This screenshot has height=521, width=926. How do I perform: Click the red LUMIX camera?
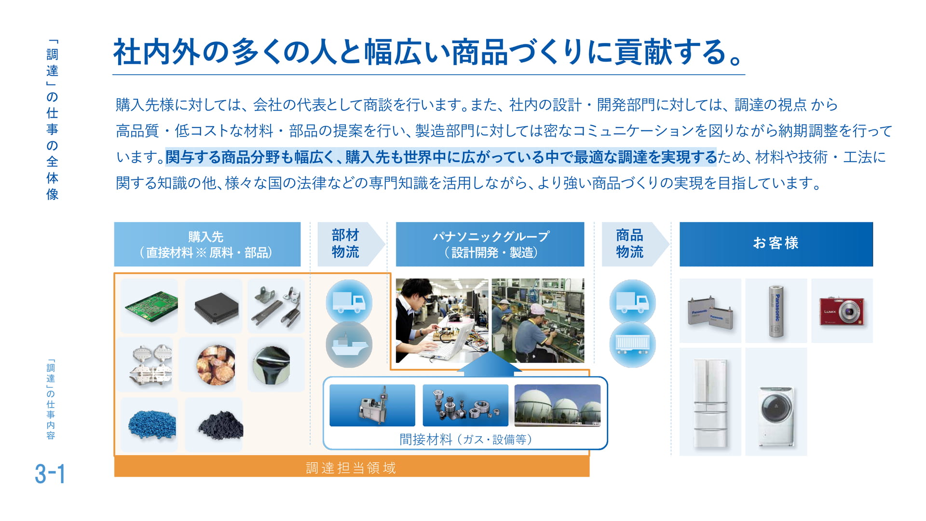pyautogui.click(x=842, y=311)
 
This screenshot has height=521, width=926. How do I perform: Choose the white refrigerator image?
pyautogui.click(x=710, y=402)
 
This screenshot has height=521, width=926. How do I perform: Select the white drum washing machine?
pyautogui.click(x=776, y=415)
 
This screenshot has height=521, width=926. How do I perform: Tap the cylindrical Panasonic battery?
pyautogui.click(x=776, y=311)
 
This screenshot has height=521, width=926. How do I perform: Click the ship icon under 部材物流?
pyautogui.click(x=349, y=344)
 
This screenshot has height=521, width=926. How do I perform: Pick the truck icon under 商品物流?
pyautogui.click(x=632, y=302)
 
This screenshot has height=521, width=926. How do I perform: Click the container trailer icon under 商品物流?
pyautogui.click(x=632, y=344)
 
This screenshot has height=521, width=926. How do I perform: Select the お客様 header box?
pyautogui.click(x=776, y=244)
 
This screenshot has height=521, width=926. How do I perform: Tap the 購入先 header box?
pyautogui.click(x=207, y=244)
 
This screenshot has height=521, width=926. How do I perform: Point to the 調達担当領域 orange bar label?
pyautogui.click(x=351, y=467)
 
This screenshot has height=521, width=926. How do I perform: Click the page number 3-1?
pyautogui.click(x=50, y=474)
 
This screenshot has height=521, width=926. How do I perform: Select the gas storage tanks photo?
pyautogui.click(x=558, y=405)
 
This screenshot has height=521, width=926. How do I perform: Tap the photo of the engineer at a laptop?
pyautogui.click(x=442, y=321)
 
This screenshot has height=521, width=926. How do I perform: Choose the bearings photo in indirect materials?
pyautogui.click(x=465, y=405)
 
